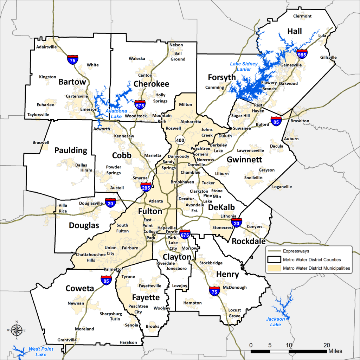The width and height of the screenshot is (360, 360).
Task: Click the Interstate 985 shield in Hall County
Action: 302,54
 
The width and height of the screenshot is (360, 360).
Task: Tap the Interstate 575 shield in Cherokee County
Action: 140,104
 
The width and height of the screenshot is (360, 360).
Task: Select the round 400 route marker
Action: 180,140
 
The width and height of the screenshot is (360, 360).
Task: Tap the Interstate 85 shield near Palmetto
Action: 107,280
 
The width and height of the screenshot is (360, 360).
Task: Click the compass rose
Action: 16,330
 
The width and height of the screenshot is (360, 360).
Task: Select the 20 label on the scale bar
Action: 327,345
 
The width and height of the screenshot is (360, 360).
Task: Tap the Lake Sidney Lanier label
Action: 244,66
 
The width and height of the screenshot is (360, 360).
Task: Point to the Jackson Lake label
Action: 276,322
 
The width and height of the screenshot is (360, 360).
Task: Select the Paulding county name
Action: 71,150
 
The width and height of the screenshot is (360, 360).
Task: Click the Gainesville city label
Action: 291,65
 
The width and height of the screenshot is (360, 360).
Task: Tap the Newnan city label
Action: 76,303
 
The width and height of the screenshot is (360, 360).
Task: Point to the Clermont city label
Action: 302,16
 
